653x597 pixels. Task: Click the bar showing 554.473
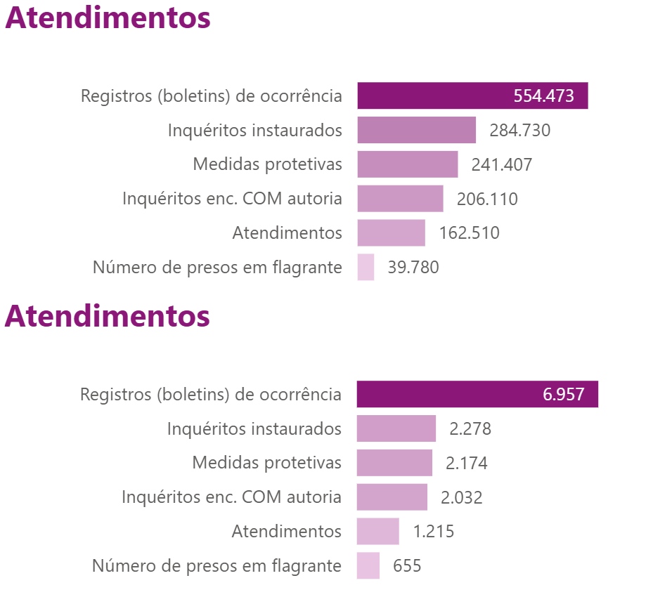click(472, 96)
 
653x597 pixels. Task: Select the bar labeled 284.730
click(416, 130)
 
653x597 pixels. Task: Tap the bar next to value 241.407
click(407, 164)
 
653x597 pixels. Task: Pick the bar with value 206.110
click(400, 199)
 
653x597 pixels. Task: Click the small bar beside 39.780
click(366, 268)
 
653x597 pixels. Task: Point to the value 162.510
click(469, 233)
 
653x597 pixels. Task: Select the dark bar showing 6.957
click(477, 394)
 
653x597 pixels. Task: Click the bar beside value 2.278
click(396, 428)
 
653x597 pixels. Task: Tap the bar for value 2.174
click(394, 463)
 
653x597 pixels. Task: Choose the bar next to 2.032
click(392, 497)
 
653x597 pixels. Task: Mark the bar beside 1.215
click(377, 532)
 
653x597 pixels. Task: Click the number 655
click(407, 566)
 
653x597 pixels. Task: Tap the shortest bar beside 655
click(368, 566)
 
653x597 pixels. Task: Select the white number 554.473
click(543, 96)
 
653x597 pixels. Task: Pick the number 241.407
click(502, 165)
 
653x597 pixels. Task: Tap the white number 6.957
click(563, 395)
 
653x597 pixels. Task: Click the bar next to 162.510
click(391, 233)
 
